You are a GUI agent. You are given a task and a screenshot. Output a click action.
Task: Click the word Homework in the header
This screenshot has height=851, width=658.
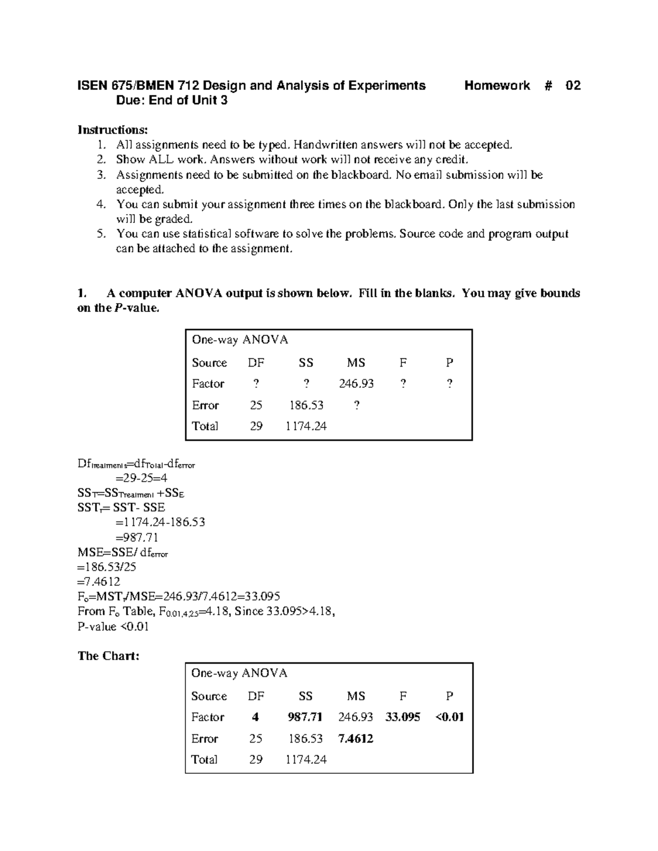pyautogui.click(x=497, y=85)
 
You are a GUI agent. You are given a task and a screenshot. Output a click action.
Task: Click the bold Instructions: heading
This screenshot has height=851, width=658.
pyautogui.click(x=112, y=130)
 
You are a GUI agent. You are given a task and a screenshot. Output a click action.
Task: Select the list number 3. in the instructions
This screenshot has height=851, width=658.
pyautogui.click(x=100, y=175)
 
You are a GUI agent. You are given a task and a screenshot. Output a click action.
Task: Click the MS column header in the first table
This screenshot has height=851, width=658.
pyautogui.click(x=356, y=363)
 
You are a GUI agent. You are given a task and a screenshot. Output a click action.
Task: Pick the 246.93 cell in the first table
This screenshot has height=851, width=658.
pyautogui.click(x=356, y=384)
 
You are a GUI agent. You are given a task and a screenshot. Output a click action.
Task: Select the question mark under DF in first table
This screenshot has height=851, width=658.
pyautogui.click(x=256, y=384)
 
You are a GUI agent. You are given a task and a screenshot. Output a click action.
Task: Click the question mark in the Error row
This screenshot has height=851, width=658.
pyautogui.click(x=356, y=405)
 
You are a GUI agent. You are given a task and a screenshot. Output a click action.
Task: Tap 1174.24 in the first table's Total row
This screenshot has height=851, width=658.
pyautogui.click(x=305, y=426)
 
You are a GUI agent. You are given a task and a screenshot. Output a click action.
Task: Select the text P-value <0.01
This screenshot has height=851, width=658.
pyautogui.click(x=113, y=626)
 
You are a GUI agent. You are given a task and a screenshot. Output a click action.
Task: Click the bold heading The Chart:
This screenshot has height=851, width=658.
pyautogui.click(x=108, y=656)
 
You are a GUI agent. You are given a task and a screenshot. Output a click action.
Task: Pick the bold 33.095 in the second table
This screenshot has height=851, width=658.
pyautogui.click(x=402, y=717)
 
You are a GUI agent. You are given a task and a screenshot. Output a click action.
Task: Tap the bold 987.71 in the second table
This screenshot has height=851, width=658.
pyautogui.click(x=305, y=717)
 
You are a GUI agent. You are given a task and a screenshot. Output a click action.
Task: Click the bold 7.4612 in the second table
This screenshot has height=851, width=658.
pyautogui.click(x=355, y=738)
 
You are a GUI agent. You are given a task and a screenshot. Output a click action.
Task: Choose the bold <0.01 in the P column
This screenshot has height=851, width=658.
pyautogui.click(x=449, y=717)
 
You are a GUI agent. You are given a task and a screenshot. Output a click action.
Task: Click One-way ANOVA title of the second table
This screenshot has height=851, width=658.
pyautogui.click(x=239, y=673)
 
